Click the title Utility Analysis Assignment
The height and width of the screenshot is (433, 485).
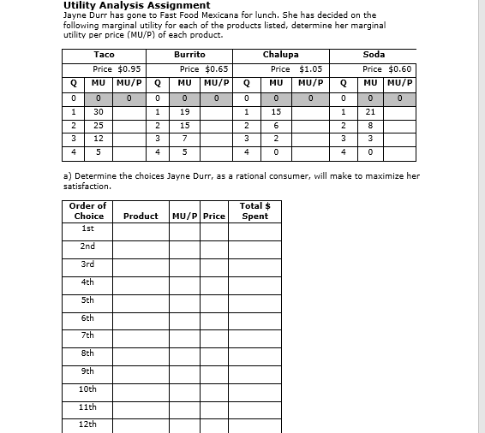point(136,5)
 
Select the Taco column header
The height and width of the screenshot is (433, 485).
point(104,55)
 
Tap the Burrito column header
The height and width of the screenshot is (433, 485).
point(189,55)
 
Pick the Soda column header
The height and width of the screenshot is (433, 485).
point(374,55)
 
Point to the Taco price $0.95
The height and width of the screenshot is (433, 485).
point(117,68)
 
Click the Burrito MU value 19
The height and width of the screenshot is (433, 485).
point(185,111)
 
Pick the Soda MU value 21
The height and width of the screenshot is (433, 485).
point(370,111)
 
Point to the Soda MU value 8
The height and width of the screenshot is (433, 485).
point(370,125)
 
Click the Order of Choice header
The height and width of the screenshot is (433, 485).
point(88,211)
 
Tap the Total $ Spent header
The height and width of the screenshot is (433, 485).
point(254,211)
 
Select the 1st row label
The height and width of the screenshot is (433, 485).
point(88,228)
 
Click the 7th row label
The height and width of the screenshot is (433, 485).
point(88,335)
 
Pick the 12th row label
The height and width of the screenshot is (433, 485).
point(88,424)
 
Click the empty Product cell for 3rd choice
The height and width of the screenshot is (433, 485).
point(141,264)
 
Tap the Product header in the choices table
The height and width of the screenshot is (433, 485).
point(141,216)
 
